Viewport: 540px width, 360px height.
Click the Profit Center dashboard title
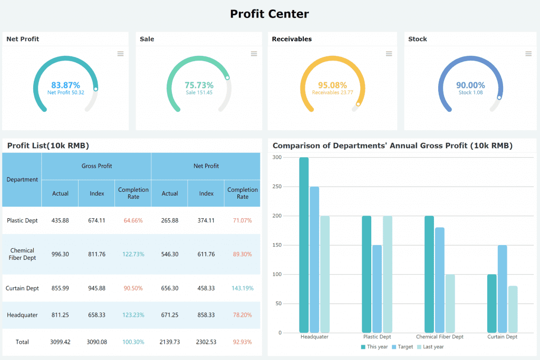point(269,14)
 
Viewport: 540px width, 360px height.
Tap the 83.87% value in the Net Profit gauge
point(65,85)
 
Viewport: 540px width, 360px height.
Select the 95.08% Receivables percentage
point(332,85)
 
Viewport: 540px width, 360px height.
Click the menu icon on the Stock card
point(528,54)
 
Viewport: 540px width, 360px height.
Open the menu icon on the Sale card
point(254,54)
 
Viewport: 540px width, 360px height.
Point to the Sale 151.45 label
point(199,93)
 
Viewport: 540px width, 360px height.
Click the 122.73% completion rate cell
point(133,254)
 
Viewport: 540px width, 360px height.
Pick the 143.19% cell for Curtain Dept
point(243,288)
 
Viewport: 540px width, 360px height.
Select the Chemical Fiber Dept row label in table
point(22,254)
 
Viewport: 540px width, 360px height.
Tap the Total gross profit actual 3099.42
point(60,342)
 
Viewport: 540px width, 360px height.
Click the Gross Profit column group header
point(97,166)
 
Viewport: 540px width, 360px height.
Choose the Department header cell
point(22,180)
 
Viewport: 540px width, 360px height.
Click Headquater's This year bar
point(304,245)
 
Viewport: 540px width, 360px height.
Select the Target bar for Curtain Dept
point(502,289)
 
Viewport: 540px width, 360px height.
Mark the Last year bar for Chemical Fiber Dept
point(450,304)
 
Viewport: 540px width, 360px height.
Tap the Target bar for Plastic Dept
point(377,289)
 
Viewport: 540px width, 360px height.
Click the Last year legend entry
point(430,347)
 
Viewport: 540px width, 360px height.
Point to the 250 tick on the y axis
point(277,187)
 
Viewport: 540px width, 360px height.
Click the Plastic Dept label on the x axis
point(377,337)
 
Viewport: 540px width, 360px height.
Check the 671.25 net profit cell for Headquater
point(170,315)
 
